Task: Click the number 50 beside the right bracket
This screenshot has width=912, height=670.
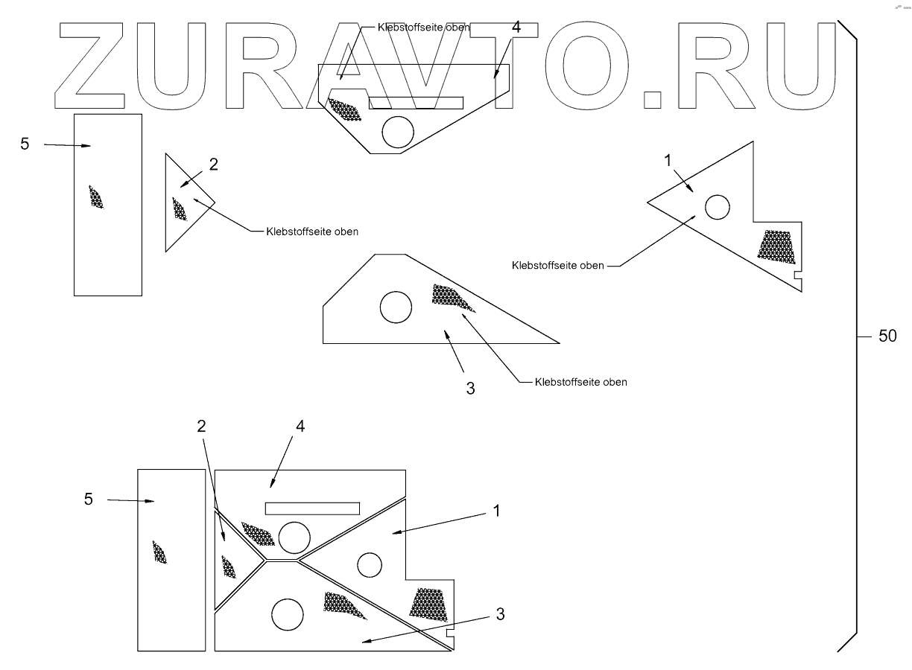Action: pyautogui.click(x=887, y=336)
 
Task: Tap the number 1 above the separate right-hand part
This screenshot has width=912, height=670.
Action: pyautogui.click(x=668, y=159)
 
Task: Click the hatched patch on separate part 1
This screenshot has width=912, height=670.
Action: pyautogui.click(x=776, y=246)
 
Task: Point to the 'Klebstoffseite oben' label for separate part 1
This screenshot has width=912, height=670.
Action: pyautogui.click(x=558, y=265)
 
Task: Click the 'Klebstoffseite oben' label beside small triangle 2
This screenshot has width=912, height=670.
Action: pyautogui.click(x=313, y=232)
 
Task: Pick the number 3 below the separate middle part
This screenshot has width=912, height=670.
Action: pyautogui.click(x=470, y=388)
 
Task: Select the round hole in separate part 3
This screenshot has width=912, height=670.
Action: pyautogui.click(x=396, y=307)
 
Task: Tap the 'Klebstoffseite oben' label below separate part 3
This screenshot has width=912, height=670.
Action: pyautogui.click(x=581, y=382)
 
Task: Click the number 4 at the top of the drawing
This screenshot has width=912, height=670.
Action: pyautogui.click(x=516, y=28)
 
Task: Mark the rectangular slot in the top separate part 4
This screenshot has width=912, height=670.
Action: pyautogui.click(x=417, y=102)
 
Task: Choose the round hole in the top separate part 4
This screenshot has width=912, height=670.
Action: pyautogui.click(x=398, y=132)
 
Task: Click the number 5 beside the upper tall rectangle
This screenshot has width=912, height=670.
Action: pyautogui.click(x=25, y=144)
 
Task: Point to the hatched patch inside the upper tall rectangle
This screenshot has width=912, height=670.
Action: pyautogui.click(x=95, y=197)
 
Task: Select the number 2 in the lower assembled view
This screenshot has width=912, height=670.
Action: pyautogui.click(x=201, y=426)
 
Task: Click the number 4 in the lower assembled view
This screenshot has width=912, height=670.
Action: pyautogui.click(x=300, y=426)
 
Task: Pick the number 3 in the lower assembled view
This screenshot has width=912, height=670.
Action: pyautogui.click(x=501, y=614)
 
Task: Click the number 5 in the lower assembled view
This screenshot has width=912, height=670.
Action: pyautogui.click(x=88, y=499)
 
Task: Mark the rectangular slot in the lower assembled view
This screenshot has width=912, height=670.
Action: pyautogui.click(x=313, y=508)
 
